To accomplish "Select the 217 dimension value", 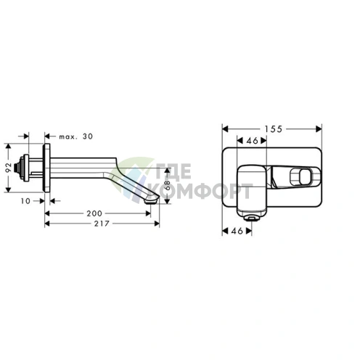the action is point(102,224).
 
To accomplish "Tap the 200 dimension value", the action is point(94,213).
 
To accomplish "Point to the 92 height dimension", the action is point(9,168).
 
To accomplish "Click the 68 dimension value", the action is point(168,186).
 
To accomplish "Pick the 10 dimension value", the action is point(25,201).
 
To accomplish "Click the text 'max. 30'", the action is point(76,136).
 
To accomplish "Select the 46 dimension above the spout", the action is point(252,140).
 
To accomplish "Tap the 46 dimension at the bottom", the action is point(237,231).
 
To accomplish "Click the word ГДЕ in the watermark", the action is point(173,171).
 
